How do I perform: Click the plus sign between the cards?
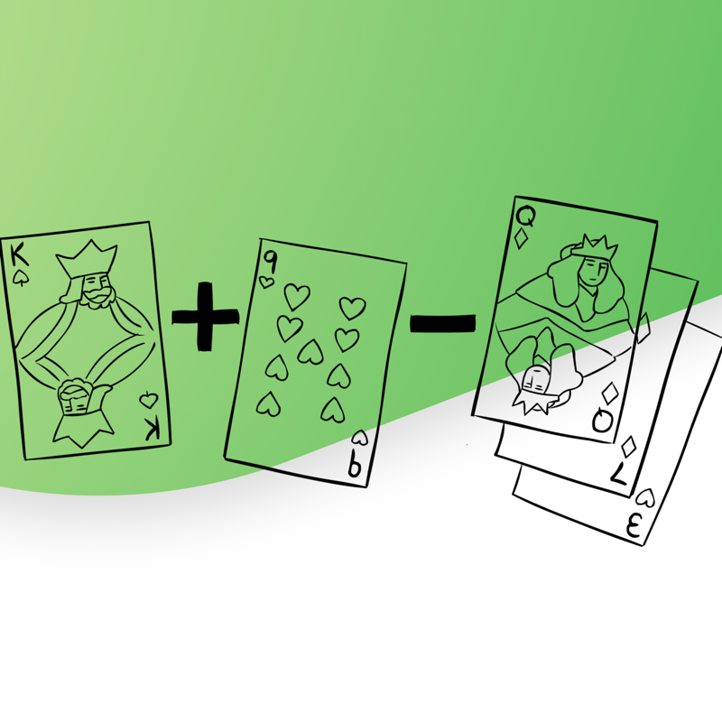click(206, 317)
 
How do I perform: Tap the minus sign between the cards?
click(442, 323)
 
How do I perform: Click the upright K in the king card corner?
click(19, 256)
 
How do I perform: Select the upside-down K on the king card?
click(153, 430)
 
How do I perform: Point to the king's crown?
click(87, 258)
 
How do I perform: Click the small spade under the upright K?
click(19, 278)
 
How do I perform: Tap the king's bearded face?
click(97, 290)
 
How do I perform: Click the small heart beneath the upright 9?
click(266, 282)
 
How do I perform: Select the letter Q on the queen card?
click(525, 217)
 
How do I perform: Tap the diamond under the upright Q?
click(522, 238)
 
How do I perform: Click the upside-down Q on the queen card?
click(602, 421)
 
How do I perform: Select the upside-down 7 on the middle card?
click(619, 473)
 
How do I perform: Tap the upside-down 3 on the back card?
click(634, 526)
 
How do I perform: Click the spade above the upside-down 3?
click(645, 497)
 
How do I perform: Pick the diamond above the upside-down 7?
click(628, 446)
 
